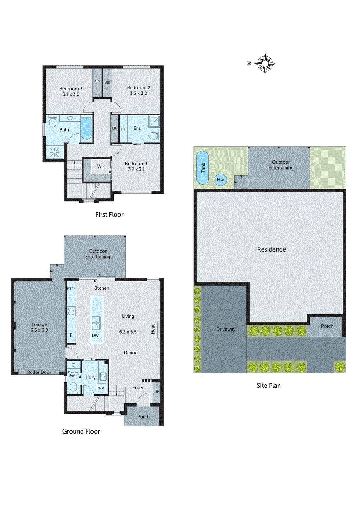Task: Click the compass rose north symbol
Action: pyautogui.click(x=265, y=64)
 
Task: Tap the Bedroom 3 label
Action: pyautogui.click(x=71, y=89)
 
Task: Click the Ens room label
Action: pyautogui.click(x=137, y=129)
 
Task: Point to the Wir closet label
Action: pyautogui.click(x=101, y=167)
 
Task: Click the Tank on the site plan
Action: pyautogui.click(x=203, y=168)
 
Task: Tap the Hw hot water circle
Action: pyautogui.click(x=221, y=180)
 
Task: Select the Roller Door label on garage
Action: pyautogui.click(x=39, y=372)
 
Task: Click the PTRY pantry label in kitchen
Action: pyautogui.click(x=71, y=289)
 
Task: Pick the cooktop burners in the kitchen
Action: pyautogui.click(x=71, y=311)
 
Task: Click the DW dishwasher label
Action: pyautogui.click(x=95, y=335)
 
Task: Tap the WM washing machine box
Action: pyautogui.click(x=101, y=388)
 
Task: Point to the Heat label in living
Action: pyautogui.click(x=153, y=329)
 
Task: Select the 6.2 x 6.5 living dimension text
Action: pyautogui.click(x=128, y=332)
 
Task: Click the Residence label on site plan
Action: pyautogui.click(x=272, y=249)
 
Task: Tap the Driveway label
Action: pyautogui.click(x=226, y=329)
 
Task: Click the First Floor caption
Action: pyautogui.click(x=109, y=215)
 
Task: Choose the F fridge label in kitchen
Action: pyautogui.click(x=71, y=335)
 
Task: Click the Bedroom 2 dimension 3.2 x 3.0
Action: pyautogui.click(x=138, y=94)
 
